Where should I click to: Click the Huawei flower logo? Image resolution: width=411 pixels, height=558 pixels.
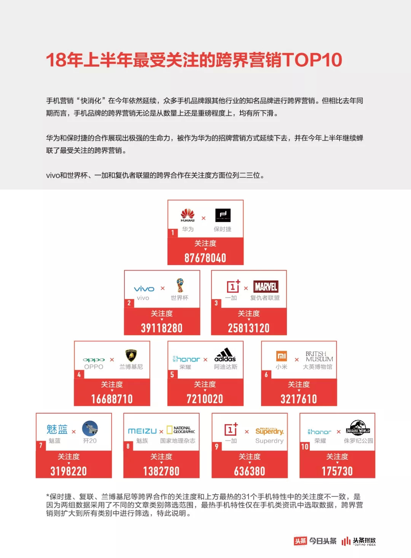tap(188, 214)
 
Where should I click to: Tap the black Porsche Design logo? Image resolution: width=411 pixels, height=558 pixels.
tap(223, 215)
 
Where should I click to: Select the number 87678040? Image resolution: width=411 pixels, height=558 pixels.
tap(205, 258)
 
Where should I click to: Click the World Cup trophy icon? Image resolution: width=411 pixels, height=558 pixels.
tap(180, 285)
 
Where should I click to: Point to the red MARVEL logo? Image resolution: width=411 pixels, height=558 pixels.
tap(266, 287)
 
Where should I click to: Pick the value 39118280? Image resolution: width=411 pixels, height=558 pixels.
tap(162, 328)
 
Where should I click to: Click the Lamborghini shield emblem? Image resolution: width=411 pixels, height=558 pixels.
tap(131, 356)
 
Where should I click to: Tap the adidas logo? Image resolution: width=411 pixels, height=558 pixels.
tap(225, 355)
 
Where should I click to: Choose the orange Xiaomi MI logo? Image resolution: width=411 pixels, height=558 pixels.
tap(282, 356)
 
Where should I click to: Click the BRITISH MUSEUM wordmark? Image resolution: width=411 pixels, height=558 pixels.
tap(319, 356)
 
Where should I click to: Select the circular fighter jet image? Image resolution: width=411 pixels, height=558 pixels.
tap(90, 428)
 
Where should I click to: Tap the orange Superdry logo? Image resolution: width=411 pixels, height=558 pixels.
tap(269, 431)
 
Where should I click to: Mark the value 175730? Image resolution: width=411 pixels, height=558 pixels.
tap(337, 471)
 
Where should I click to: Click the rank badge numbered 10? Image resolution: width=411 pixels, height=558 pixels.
tap(305, 447)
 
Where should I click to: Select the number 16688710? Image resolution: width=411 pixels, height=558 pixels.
tap(112, 399)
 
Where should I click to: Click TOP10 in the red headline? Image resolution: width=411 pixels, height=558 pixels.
tap(312, 60)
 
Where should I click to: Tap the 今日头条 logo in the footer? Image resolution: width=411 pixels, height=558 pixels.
tap(315, 541)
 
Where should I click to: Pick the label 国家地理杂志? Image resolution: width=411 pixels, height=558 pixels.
tap(177, 441)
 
